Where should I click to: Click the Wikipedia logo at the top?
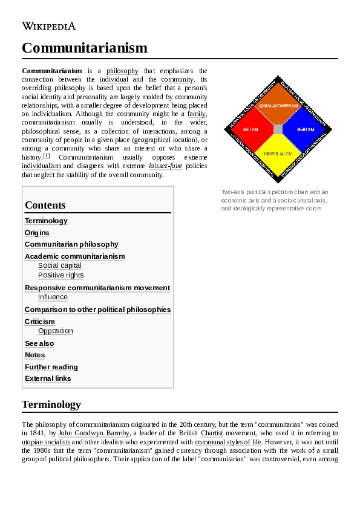(x=49, y=26)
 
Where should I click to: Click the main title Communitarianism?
(x=84, y=48)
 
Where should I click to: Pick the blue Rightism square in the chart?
(x=304, y=129)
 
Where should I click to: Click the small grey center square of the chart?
(x=278, y=129)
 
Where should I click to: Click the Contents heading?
(x=45, y=205)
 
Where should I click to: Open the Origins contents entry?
(x=37, y=233)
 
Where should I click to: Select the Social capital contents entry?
(x=60, y=265)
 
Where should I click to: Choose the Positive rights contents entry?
(x=61, y=275)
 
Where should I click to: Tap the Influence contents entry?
(x=53, y=297)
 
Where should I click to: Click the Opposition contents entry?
(x=56, y=331)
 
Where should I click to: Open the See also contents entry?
(x=39, y=343)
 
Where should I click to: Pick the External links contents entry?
(x=48, y=378)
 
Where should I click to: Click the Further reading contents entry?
(x=51, y=367)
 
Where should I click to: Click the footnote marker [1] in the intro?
(x=46, y=155)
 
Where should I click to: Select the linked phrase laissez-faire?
(x=165, y=166)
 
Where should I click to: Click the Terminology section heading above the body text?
(x=51, y=404)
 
